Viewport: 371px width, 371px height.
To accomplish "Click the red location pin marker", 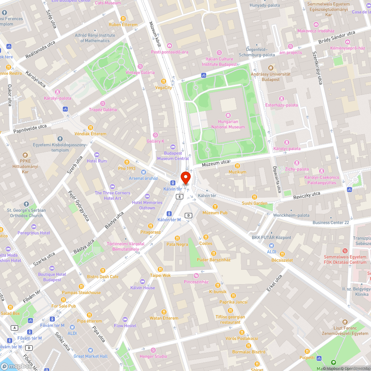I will click(x=185, y=178).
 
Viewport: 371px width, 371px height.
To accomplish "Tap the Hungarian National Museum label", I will click(x=228, y=124).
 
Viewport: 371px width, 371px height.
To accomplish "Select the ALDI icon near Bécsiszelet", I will click(x=272, y=245).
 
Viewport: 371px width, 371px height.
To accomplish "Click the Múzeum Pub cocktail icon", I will click(x=215, y=206).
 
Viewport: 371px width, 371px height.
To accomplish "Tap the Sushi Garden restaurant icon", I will click(x=255, y=197).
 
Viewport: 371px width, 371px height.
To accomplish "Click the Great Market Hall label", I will click(x=91, y=356).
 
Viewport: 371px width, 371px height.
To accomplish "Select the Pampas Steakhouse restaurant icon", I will click(x=81, y=286).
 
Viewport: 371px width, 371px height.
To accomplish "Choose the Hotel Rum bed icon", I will click(x=97, y=155).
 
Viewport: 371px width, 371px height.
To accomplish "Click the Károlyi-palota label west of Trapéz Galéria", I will click(x=58, y=98).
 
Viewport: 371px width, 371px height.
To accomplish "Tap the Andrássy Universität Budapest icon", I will click(x=270, y=68).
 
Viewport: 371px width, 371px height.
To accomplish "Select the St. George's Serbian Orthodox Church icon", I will click(x=26, y=204).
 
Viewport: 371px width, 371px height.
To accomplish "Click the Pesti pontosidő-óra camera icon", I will click(x=170, y=46).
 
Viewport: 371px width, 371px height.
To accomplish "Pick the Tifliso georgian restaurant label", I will click(x=230, y=319).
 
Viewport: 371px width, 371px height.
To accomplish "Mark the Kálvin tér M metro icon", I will click(x=169, y=213).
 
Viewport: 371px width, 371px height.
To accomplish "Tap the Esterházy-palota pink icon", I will click(x=282, y=98).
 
